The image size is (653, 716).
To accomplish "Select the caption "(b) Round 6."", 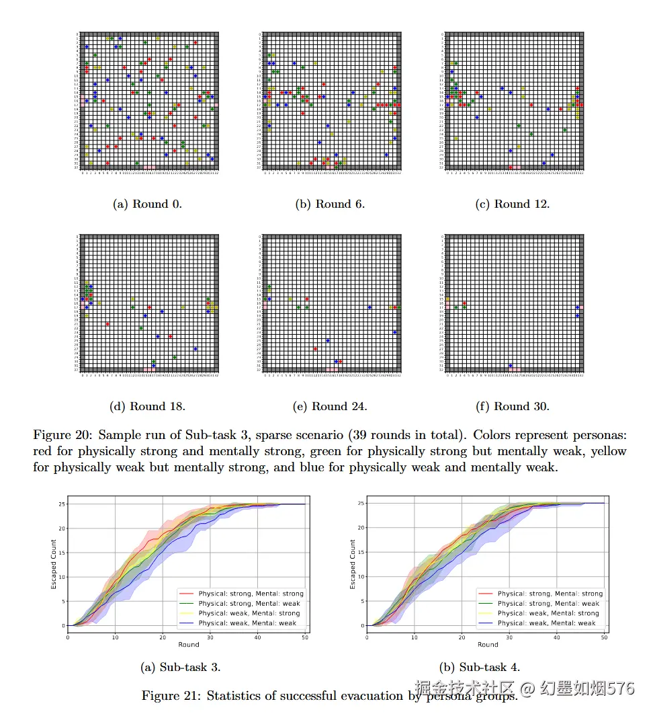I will click(x=330, y=204).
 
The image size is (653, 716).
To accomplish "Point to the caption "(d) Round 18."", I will click(x=147, y=406).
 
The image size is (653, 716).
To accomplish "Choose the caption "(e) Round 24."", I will click(x=329, y=406).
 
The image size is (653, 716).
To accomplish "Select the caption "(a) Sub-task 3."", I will click(x=180, y=667).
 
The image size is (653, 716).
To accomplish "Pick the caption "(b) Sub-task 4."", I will click(x=480, y=667).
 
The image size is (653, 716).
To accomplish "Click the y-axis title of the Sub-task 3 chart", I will click(x=54, y=565).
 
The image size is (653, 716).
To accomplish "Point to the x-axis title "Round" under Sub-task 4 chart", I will click(x=488, y=645).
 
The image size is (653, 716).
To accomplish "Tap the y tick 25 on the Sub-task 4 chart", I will click(x=361, y=504).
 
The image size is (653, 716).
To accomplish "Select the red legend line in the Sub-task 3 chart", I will click(x=186, y=594).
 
